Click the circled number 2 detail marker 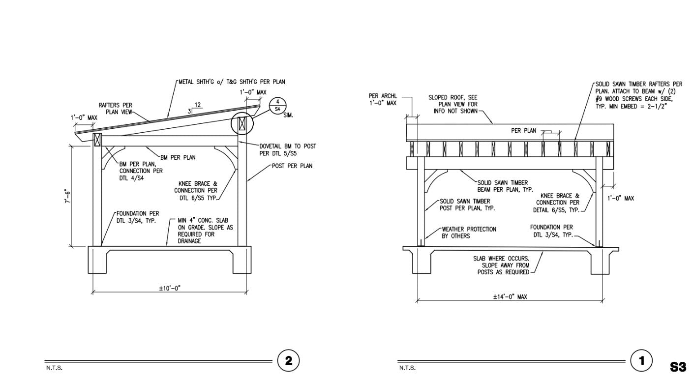tap(288, 361)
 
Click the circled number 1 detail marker tap(641, 361)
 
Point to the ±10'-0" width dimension tap(170, 288)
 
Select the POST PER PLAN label tap(292, 166)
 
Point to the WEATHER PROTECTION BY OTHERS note tap(469, 233)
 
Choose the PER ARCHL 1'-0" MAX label tap(382, 99)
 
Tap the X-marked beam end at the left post tap(97, 140)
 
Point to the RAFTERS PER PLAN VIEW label tap(115, 108)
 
